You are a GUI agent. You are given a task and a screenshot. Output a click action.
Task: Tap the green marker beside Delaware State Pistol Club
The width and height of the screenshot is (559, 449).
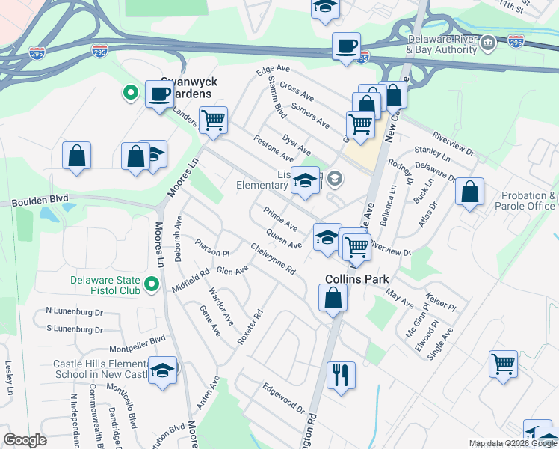pyautogui.click(x=152, y=284)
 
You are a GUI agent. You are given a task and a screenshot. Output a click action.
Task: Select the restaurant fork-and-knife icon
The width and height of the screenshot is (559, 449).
pyautogui.click(x=342, y=374)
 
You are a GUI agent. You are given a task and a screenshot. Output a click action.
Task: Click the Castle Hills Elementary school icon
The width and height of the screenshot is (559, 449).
pyautogui.click(x=162, y=370)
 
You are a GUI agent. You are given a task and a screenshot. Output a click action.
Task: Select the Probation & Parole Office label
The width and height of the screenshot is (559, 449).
pyautogui.click(x=529, y=201)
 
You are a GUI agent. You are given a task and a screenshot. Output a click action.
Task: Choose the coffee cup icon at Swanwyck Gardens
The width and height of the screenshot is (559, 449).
pyautogui.click(x=160, y=94)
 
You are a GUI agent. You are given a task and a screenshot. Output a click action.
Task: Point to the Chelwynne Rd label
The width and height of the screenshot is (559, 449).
pyautogui.click(x=273, y=258)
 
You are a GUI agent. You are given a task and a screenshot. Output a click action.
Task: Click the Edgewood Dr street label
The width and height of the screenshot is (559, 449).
pyautogui.click(x=284, y=400)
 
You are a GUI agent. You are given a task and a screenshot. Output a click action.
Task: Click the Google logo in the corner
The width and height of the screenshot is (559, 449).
pyautogui.click(x=25, y=440)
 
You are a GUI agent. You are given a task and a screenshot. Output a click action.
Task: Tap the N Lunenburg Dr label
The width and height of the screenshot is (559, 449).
pyautogui.click(x=74, y=311)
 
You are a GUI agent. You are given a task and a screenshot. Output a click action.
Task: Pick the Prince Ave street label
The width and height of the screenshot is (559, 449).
pyautogui.click(x=281, y=219)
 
